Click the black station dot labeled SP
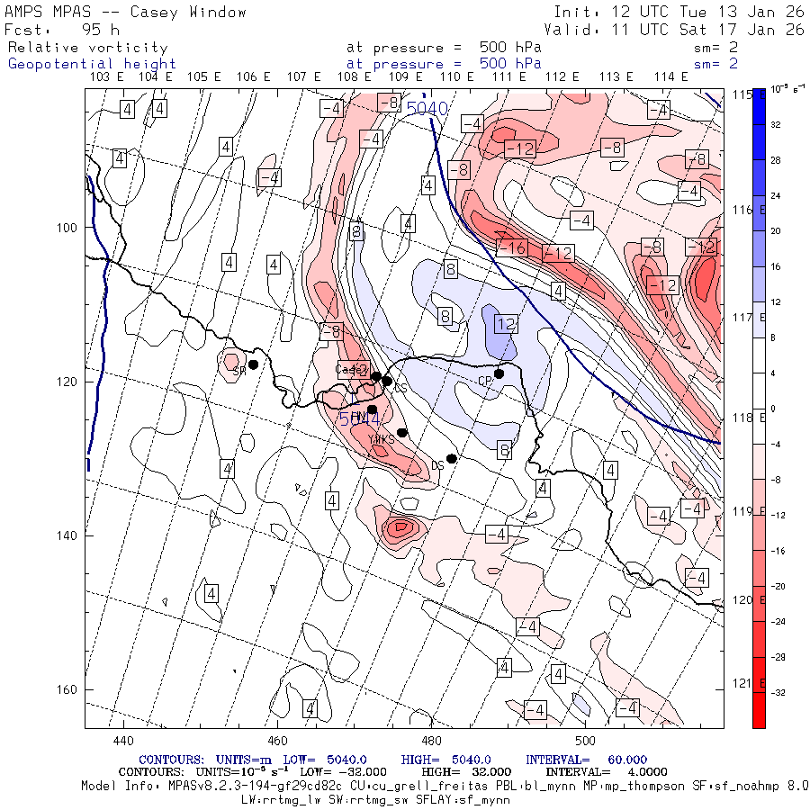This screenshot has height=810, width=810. [254, 364]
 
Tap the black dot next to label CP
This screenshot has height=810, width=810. [499, 373]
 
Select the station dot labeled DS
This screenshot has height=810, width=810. [452, 458]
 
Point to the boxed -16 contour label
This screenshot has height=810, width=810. [513, 247]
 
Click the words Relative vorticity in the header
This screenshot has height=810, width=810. [87, 48]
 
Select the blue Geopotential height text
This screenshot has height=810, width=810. [92, 64]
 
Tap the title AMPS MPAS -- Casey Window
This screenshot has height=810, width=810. [125, 13]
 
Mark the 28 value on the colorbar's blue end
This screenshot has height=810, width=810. [776, 160]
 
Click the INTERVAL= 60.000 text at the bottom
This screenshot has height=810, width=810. [586, 760]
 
